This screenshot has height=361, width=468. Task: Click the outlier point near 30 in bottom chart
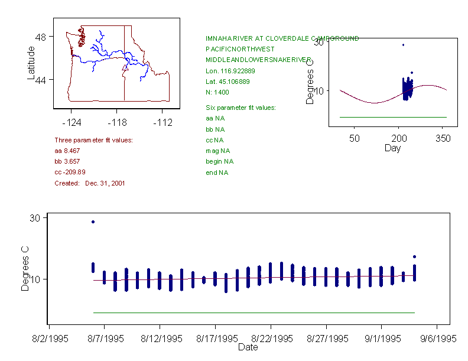[x=93, y=222]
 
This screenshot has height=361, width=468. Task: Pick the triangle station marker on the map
[x=125, y=69]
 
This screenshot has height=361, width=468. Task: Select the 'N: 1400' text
[x=217, y=92]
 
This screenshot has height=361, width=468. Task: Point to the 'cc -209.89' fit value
[x=70, y=172]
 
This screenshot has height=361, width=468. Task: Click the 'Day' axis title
[x=392, y=148]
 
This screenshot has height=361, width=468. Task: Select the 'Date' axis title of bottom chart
[x=248, y=347]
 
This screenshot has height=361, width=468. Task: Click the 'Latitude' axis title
[x=31, y=63]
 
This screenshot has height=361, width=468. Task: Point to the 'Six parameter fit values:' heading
[x=240, y=108]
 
